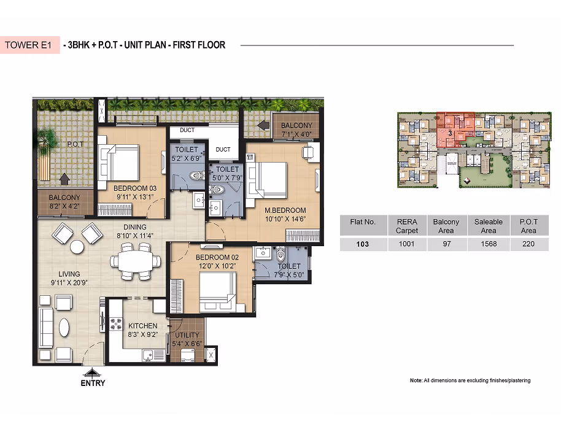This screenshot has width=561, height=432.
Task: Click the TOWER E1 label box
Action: [x=29, y=45]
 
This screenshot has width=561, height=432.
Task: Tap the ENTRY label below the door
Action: [x=93, y=383]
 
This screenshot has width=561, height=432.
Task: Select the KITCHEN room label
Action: [x=143, y=326]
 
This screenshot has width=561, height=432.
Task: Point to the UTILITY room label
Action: [x=187, y=335]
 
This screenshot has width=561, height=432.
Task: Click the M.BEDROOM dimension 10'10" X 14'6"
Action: [x=285, y=219]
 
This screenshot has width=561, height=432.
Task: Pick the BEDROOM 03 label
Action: [x=135, y=188]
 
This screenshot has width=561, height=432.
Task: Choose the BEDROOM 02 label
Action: [x=217, y=257]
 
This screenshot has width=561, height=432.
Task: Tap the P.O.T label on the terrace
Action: [x=75, y=144]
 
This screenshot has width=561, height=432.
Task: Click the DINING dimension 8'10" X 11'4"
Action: [x=135, y=235]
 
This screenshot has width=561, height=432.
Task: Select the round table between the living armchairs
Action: [x=77, y=247]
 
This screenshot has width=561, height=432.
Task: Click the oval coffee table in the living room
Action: [x=64, y=327]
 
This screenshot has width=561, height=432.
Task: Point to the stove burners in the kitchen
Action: [x=116, y=323]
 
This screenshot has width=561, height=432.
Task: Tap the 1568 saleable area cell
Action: [x=489, y=244]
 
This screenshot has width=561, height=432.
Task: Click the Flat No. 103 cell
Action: [x=362, y=244]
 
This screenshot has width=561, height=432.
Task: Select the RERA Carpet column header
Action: [x=407, y=226]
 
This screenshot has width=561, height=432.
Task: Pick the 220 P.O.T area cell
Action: [x=528, y=244]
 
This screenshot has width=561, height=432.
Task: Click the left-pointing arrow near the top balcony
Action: [x=263, y=125]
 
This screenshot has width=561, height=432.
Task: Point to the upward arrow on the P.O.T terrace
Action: [x=64, y=179]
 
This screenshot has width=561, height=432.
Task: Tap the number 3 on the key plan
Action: [x=450, y=133]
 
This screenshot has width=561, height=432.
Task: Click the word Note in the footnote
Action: [x=416, y=380]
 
